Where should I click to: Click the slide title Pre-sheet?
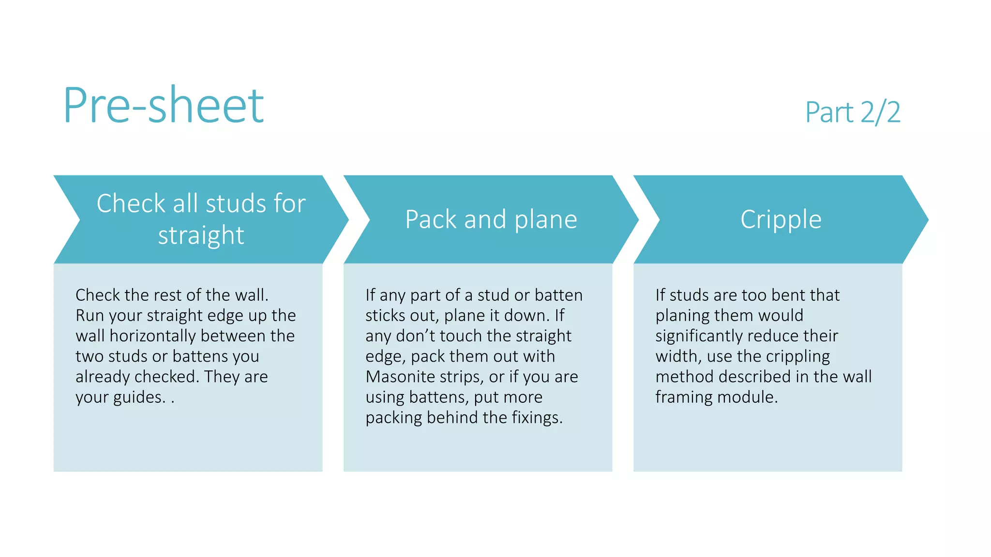[x=164, y=105]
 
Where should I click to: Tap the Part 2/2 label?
[x=853, y=112]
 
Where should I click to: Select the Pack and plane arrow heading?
[x=491, y=220]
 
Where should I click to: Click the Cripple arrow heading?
[x=781, y=220]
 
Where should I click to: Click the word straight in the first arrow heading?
[x=201, y=235]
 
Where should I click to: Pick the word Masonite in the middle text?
[x=400, y=377]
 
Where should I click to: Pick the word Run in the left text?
[x=90, y=316]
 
